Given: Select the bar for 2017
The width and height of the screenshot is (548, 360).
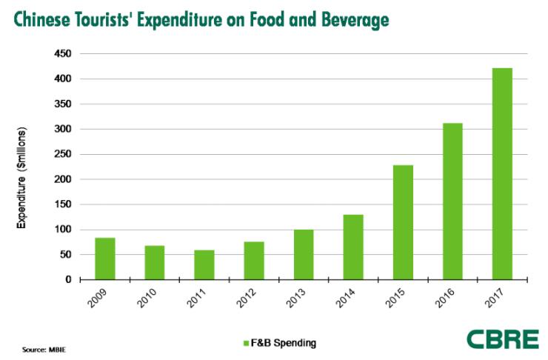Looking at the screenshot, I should click(501, 174).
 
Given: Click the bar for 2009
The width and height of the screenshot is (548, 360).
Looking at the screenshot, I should click(104, 259).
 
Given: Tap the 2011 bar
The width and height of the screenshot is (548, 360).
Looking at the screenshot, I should click(204, 264).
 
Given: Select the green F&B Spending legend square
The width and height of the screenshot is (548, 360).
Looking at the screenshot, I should click(246, 342).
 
